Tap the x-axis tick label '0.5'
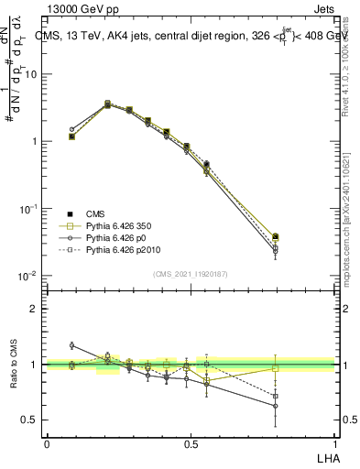coord(191,443)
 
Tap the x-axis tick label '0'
coord(47,443)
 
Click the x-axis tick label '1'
coord(333,443)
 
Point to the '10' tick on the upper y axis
coord(32,74)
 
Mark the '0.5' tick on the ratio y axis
coord(30,420)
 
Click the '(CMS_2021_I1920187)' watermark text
coord(191,273)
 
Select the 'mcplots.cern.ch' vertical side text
coord(351,238)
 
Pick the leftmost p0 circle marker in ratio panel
coord(72,345)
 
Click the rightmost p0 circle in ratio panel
coord(276,406)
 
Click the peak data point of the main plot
coord(108,104)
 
